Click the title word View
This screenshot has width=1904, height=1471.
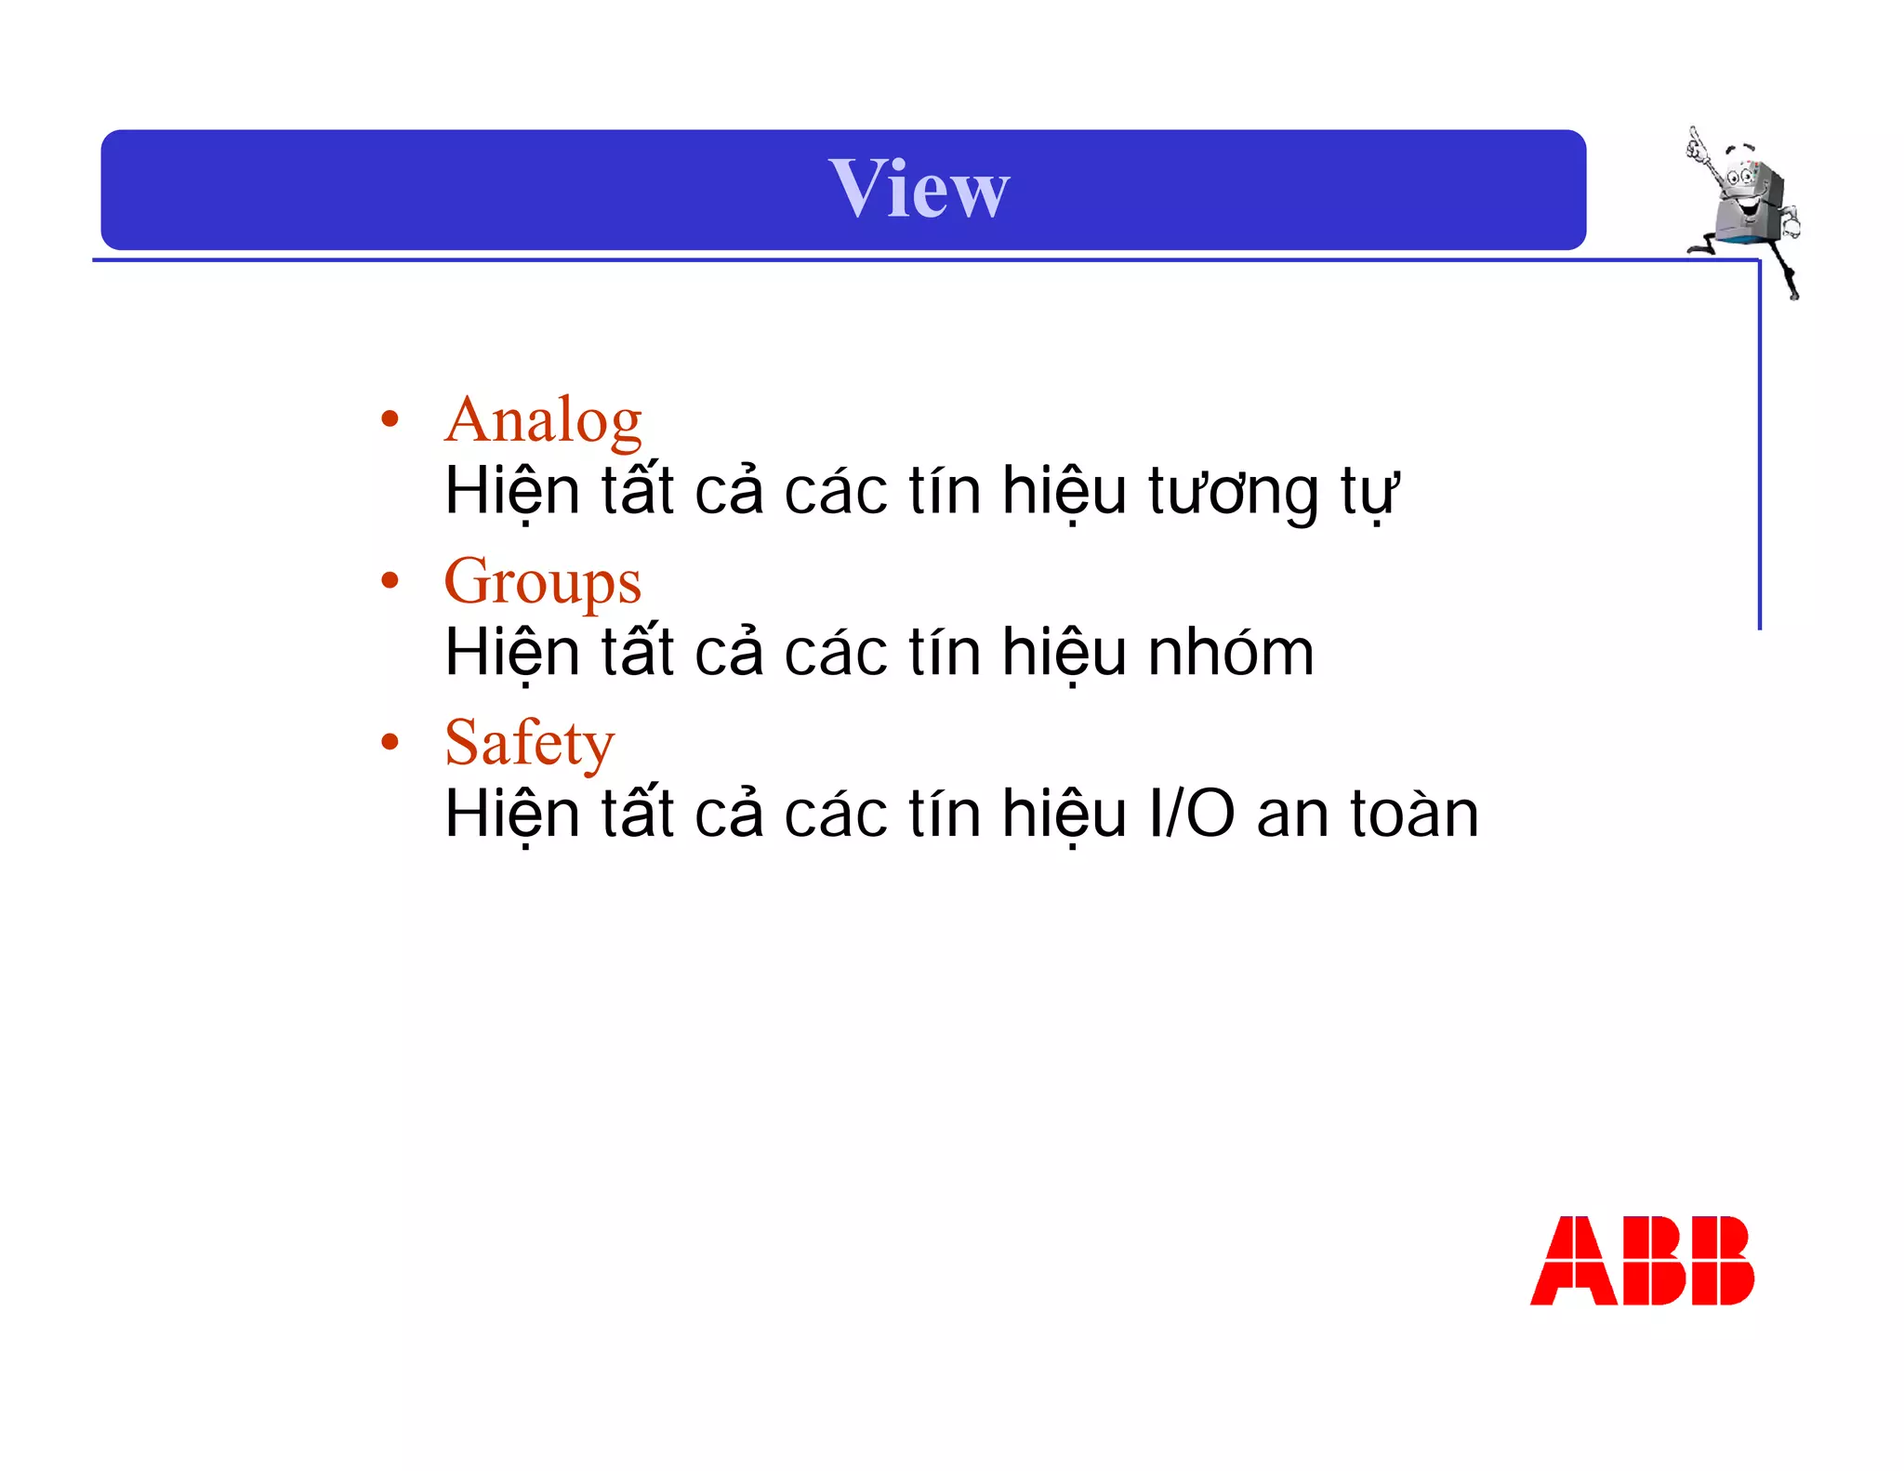919,189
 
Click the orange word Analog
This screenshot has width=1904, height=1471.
543,421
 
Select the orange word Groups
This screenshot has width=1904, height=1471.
543,583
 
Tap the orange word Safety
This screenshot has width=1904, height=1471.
529,743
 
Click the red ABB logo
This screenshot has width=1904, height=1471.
1642,1261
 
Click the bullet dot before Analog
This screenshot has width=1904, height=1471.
390,419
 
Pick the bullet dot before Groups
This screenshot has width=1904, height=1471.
390,581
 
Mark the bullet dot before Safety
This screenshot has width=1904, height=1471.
390,742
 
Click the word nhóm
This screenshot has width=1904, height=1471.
1231,653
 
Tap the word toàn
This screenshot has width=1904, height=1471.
1414,815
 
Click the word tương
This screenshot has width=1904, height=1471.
1233,492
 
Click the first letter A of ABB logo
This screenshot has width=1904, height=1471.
1572,1261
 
